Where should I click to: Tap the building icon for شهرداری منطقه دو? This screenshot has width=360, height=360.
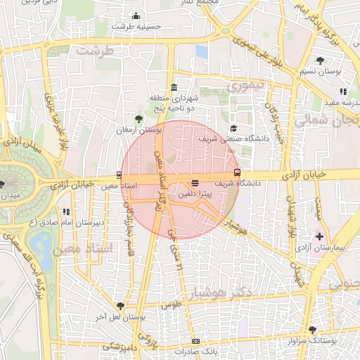[174, 86]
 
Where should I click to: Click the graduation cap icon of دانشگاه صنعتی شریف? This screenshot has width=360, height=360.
[233, 128]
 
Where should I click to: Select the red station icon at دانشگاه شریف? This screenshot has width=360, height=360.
[236, 172]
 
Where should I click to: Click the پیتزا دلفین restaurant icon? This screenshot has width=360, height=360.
[195, 183]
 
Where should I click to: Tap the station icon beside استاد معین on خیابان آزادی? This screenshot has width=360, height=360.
[118, 175]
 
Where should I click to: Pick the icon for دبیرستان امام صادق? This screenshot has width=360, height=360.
[65, 211]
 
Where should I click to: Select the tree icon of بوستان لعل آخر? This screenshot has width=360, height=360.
[120, 306]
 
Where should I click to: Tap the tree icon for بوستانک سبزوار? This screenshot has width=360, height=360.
[312, 329]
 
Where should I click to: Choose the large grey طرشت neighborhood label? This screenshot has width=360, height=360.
[95, 51]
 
